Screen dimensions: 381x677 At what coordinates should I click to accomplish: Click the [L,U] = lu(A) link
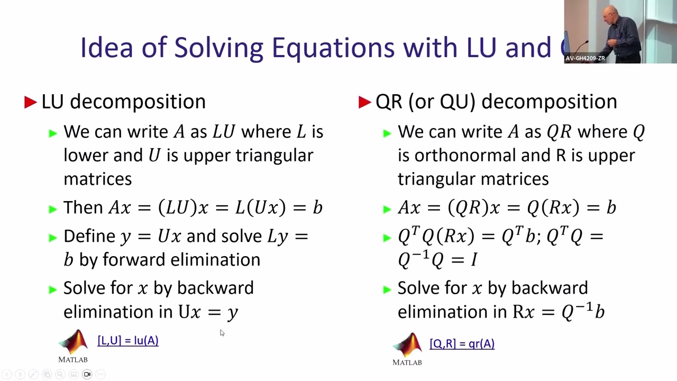tap(128, 341)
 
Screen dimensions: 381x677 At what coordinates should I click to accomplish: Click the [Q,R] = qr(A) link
tap(462, 344)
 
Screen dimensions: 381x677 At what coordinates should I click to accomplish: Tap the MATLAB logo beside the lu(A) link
tap(73, 344)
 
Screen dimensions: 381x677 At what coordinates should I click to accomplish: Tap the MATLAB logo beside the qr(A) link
tap(407, 347)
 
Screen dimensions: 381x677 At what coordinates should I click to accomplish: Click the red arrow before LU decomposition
tap(30, 102)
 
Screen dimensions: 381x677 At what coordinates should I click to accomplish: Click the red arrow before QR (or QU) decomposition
tap(364, 102)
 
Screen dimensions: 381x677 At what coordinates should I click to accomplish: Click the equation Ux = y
tap(208, 312)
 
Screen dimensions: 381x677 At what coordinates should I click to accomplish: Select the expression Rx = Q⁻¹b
tap(559, 312)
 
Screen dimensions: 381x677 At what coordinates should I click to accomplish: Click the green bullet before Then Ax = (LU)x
tap(52, 209)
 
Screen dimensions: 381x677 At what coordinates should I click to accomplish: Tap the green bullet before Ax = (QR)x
tap(387, 209)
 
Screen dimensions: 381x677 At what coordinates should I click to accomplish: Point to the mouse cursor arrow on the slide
tap(222, 332)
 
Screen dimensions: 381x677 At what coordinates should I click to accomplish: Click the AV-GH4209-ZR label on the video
tap(585, 58)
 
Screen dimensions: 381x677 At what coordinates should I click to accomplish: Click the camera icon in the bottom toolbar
tap(87, 375)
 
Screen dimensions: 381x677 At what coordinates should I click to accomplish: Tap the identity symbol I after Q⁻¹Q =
tap(474, 260)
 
